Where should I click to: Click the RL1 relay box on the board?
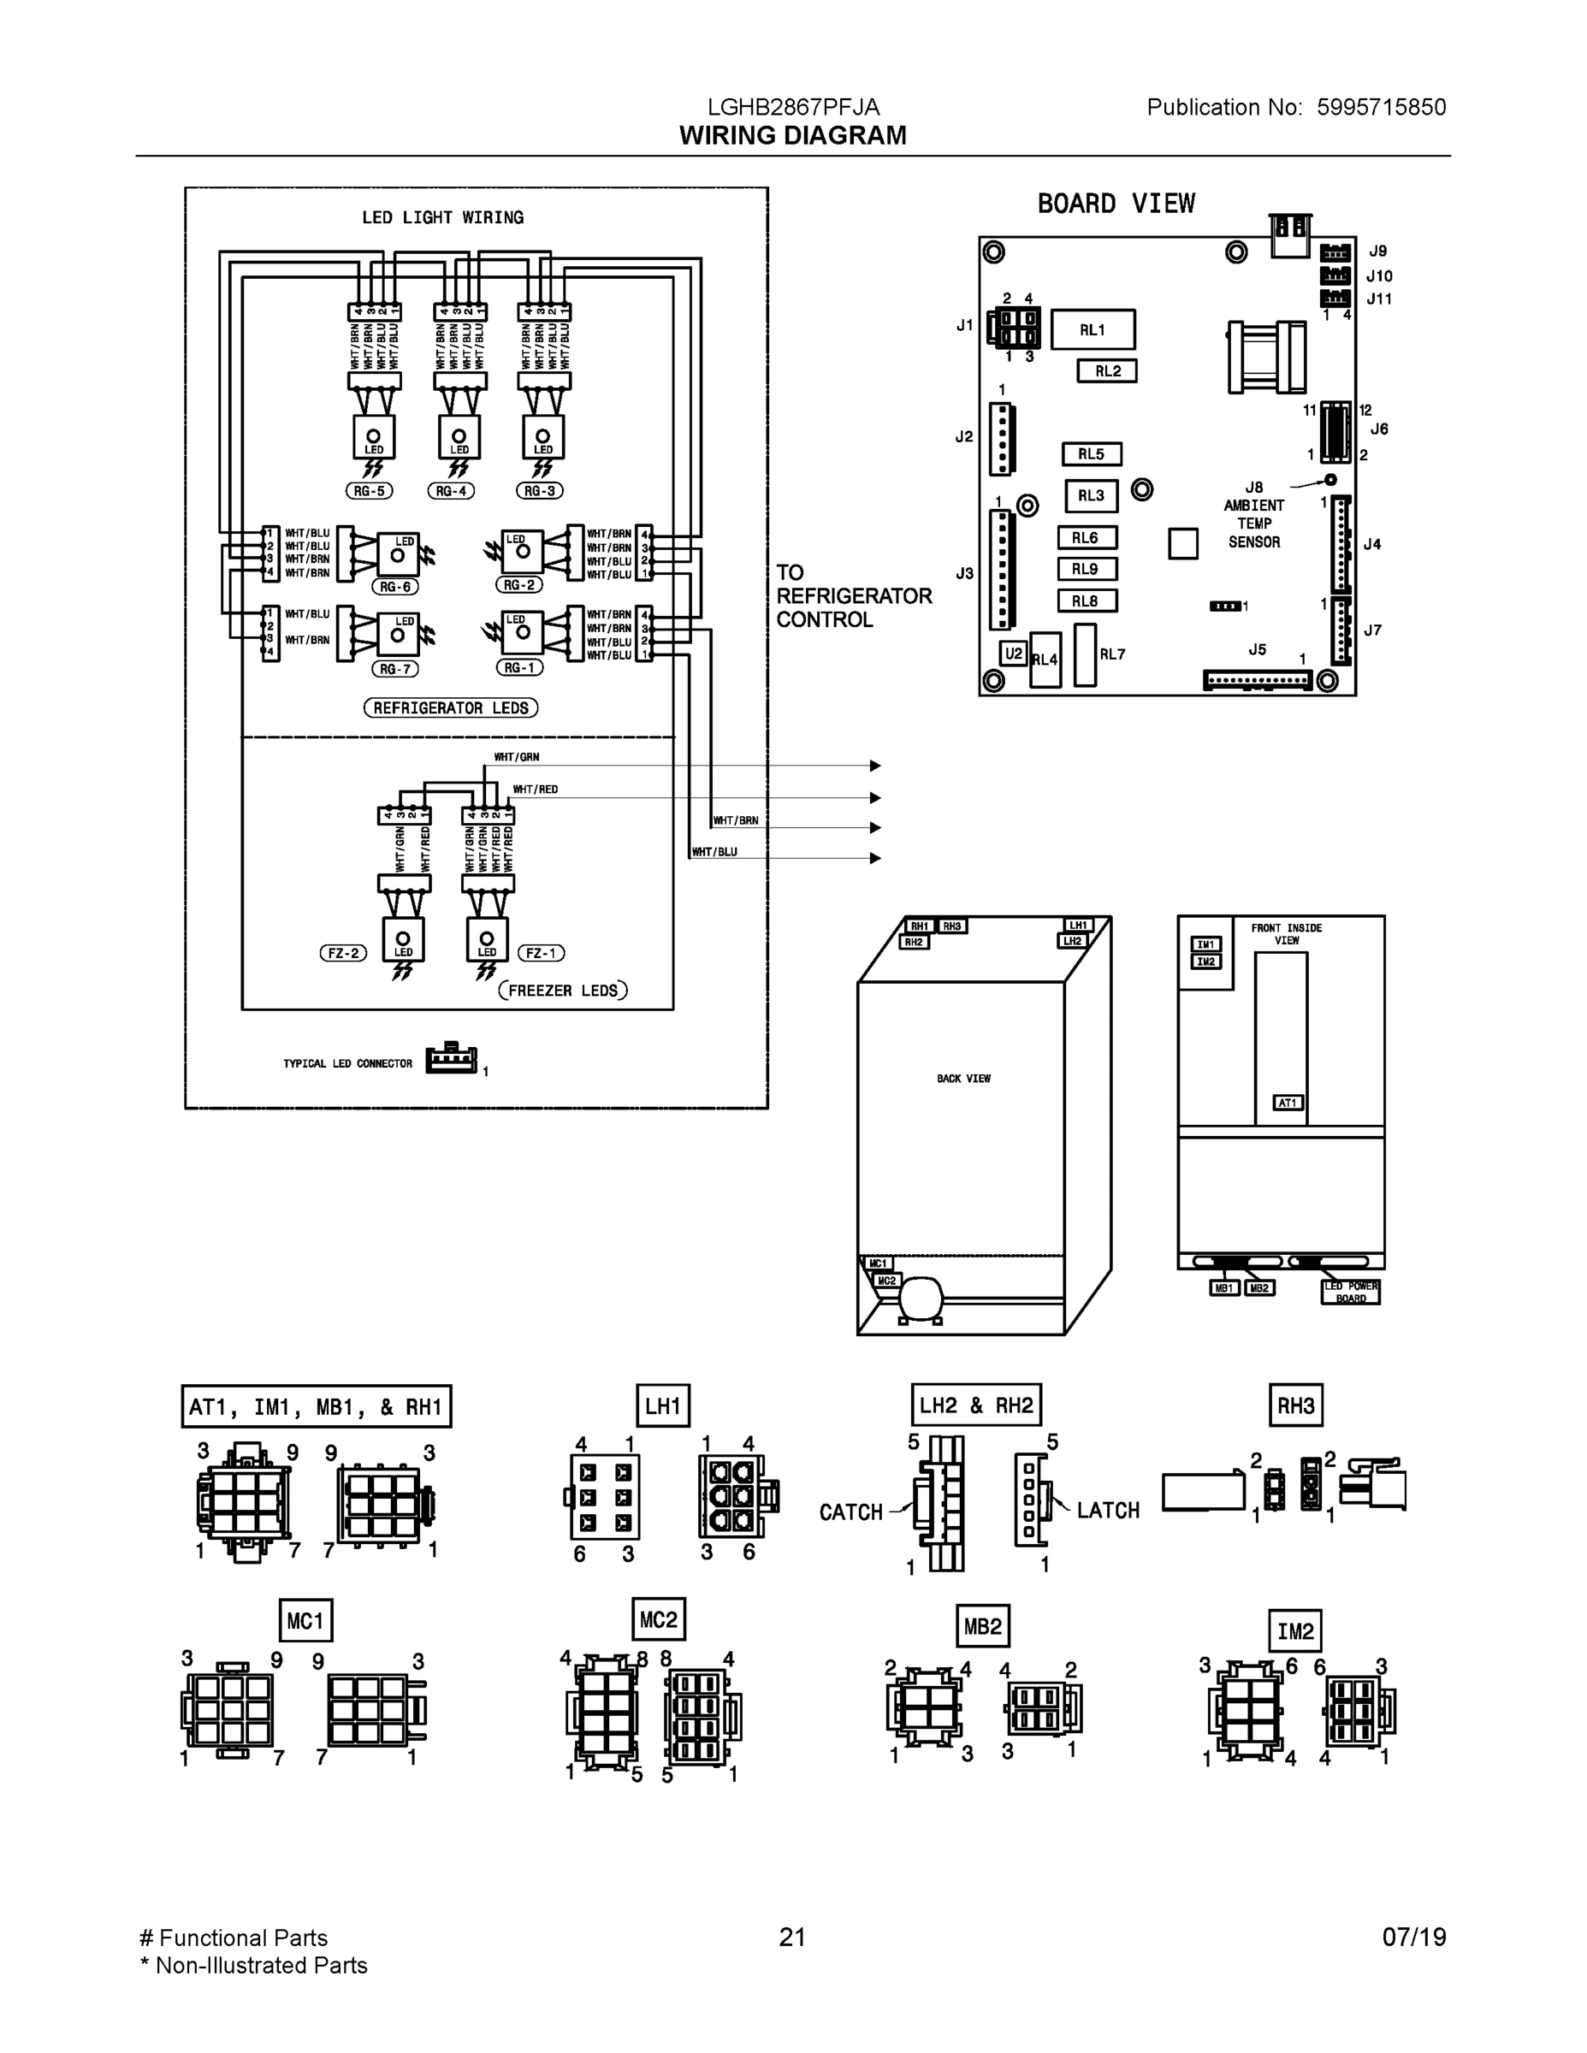[x=1093, y=330]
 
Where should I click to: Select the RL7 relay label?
[x=1112, y=654]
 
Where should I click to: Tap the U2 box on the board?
[x=1013, y=654]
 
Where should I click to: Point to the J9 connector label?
[x=1377, y=251]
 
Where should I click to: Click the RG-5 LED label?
[x=369, y=491]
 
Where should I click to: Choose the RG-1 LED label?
[x=519, y=667]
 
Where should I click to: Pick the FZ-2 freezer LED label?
[x=343, y=953]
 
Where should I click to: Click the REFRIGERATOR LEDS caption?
[x=450, y=707]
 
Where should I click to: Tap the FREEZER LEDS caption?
[x=562, y=990]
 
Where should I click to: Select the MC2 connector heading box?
[x=658, y=1619]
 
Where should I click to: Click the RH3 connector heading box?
[x=1295, y=1405]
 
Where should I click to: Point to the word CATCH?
[x=851, y=1512]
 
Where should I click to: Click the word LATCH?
[x=1109, y=1510]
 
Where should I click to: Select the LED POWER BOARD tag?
[x=1351, y=1292]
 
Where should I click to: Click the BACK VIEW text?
[x=963, y=1078]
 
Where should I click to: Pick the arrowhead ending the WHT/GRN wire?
[x=875, y=766]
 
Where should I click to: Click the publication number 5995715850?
[x=1381, y=107]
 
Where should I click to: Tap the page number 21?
[x=792, y=1937]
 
